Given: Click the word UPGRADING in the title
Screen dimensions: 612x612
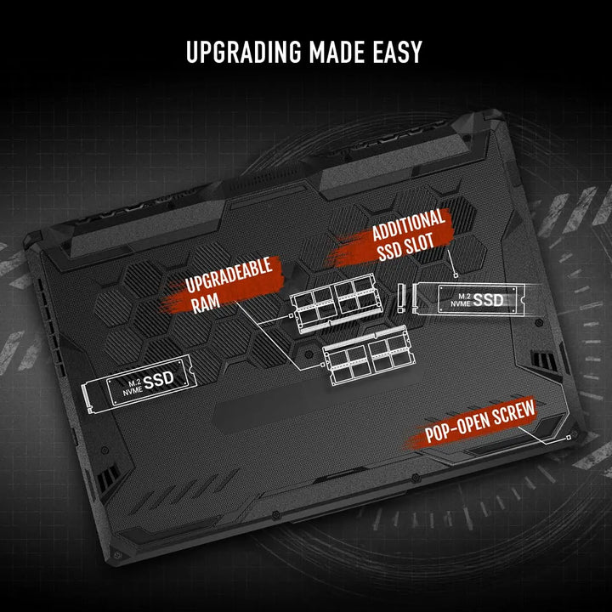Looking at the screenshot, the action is pyautogui.click(x=244, y=52).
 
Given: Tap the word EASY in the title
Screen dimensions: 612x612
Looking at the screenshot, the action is pyautogui.click(x=397, y=52).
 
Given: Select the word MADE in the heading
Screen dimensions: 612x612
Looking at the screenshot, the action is pyautogui.click(x=337, y=52).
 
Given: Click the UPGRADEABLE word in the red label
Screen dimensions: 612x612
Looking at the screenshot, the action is pyautogui.click(x=229, y=275).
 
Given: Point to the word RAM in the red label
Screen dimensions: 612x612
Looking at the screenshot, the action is pyautogui.click(x=206, y=303).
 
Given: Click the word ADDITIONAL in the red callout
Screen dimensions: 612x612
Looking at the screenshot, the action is pyautogui.click(x=409, y=224).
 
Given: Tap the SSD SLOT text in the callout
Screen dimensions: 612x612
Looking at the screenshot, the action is pyautogui.click(x=405, y=247).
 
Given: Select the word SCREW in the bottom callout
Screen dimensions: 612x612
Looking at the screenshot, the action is pyautogui.click(x=513, y=413).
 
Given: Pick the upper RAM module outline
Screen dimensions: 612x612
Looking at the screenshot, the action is pyautogui.click(x=336, y=303).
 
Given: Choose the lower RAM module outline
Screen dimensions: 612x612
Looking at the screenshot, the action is pyautogui.click(x=368, y=354).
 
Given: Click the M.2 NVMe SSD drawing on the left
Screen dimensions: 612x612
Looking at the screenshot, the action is pyautogui.click(x=139, y=383).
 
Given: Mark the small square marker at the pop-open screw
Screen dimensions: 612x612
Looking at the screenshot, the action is pyautogui.click(x=569, y=437).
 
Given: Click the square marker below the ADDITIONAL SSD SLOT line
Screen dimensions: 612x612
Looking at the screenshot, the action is pyautogui.click(x=456, y=275).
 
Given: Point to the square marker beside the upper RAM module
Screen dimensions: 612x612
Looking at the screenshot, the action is pyautogui.click(x=291, y=315).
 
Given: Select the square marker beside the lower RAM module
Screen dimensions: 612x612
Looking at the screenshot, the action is pyautogui.click(x=322, y=365).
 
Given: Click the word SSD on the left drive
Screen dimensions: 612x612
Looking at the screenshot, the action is pyautogui.click(x=158, y=380).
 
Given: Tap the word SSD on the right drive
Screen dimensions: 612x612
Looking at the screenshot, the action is pyautogui.click(x=488, y=300).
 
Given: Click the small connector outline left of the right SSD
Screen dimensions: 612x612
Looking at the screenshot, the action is pyautogui.click(x=401, y=297).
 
